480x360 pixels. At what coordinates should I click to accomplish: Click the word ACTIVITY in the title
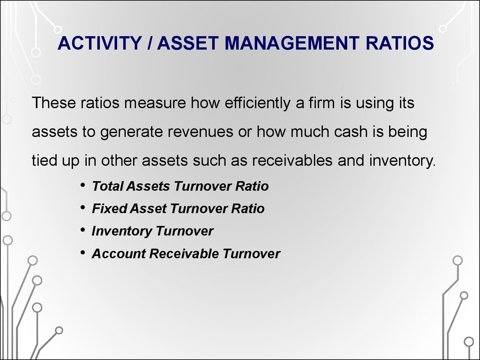point(99,43)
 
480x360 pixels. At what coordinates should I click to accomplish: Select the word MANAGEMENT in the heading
point(292,43)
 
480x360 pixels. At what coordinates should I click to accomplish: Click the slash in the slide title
point(150,43)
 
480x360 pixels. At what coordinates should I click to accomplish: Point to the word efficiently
point(257,103)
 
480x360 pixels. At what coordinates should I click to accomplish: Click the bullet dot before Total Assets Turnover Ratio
point(82,185)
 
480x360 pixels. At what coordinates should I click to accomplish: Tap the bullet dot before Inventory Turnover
point(82,230)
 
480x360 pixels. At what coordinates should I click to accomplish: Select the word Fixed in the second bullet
point(109,209)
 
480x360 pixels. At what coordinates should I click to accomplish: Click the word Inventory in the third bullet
point(121,232)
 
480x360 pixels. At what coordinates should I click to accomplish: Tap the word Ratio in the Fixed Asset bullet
point(247,209)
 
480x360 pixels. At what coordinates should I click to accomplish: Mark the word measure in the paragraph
point(155,103)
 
